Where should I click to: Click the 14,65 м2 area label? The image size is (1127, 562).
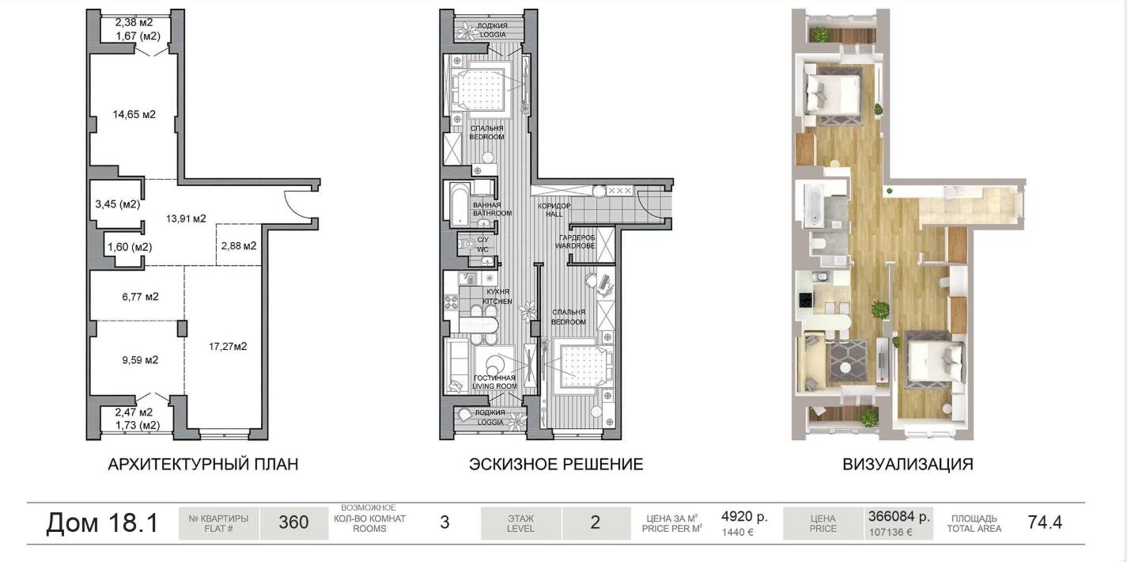click(x=134, y=114)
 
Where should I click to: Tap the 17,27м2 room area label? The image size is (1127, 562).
click(x=228, y=346)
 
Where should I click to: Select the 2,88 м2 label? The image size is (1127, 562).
click(x=239, y=245)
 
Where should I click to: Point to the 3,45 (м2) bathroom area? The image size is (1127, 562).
click(x=117, y=204)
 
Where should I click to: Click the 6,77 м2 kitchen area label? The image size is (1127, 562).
click(x=140, y=297)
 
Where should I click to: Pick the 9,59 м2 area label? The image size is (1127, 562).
click(x=140, y=359)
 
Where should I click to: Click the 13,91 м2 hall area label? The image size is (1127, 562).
click(x=186, y=218)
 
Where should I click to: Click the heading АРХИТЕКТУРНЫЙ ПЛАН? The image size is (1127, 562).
click(x=202, y=464)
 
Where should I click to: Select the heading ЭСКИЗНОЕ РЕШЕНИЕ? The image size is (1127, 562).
click(x=556, y=464)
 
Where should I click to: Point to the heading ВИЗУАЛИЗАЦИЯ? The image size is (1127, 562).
click(x=908, y=464)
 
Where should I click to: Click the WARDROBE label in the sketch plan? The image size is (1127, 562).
click(x=575, y=245)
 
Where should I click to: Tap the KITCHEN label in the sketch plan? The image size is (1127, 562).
click(x=497, y=301)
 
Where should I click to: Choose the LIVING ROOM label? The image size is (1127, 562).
click(x=494, y=386)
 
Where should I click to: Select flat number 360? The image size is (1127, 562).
click(x=293, y=522)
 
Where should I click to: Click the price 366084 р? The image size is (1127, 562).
click(x=899, y=517)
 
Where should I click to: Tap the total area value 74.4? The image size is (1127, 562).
click(x=1045, y=522)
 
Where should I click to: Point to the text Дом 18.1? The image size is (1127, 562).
click(x=102, y=522)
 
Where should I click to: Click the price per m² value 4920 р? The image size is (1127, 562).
click(x=745, y=517)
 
